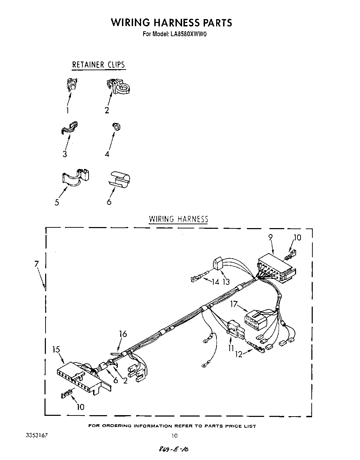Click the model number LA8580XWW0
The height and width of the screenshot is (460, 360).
pyautogui.click(x=188, y=34)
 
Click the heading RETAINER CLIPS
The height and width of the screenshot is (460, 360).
pyautogui.click(x=98, y=65)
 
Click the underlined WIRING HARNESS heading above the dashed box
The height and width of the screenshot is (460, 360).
pyautogui.click(x=178, y=219)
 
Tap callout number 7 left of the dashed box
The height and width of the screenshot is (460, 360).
pyautogui.click(x=36, y=264)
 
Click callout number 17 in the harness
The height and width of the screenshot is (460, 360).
pyautogui.click(x=234, y=304)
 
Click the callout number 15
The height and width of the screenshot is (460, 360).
pyautogui.click(x=57, y=350)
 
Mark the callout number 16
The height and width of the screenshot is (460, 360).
pyautogui.click(x=123, y=334)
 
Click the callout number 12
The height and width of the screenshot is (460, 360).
pyautogui.click(x=238, y=355)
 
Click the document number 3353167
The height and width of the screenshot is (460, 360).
pyautogui.click(x=36, y=435)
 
